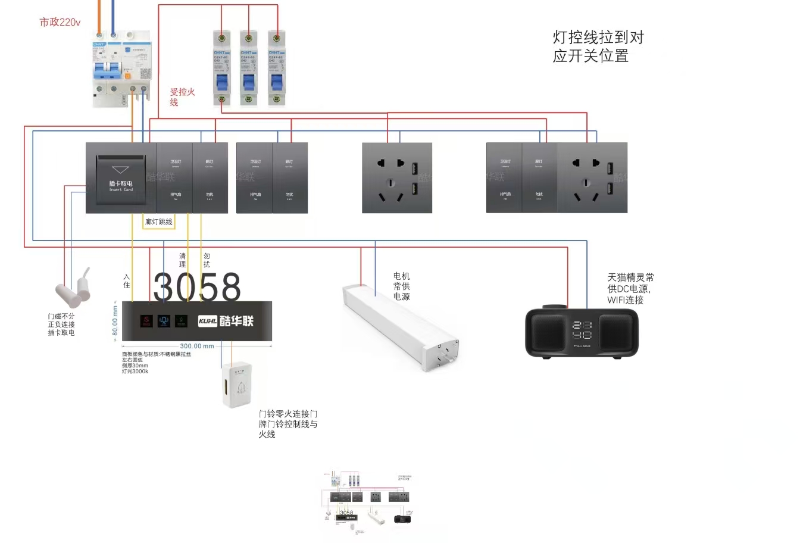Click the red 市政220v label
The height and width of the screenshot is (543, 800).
tap(60, 23)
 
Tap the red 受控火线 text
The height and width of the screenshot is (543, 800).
tap(182, 96)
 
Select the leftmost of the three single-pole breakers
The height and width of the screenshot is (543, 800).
tap(222, 68)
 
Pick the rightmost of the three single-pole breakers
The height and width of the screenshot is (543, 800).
tap(276, 68)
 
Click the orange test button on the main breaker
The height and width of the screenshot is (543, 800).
tap(127, 75)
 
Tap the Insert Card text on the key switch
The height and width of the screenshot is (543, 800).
tap(121, 190)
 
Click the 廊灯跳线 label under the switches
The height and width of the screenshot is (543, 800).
tap(158, 222)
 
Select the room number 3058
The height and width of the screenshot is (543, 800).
tap(197, 287)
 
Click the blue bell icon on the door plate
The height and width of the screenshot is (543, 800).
tap(164, 321)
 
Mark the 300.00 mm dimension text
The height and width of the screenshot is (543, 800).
tap(197, 346)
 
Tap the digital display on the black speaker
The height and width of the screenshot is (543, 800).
tap(581, 330)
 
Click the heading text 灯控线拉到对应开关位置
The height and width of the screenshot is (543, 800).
tap(598, 46)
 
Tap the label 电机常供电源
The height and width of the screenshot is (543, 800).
tap(401, 286)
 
